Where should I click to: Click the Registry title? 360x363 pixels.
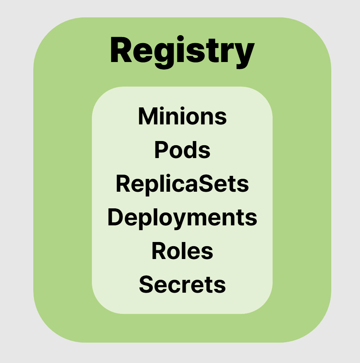coord(182,52)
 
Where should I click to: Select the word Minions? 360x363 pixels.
coord(182,116)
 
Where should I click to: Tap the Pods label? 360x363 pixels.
coord(182,150)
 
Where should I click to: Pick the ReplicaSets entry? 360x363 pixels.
coord(182,184)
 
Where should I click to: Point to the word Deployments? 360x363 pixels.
coord(182,218)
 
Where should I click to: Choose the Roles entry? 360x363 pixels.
coord(182,251)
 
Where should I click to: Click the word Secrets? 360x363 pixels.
coord(182,284)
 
